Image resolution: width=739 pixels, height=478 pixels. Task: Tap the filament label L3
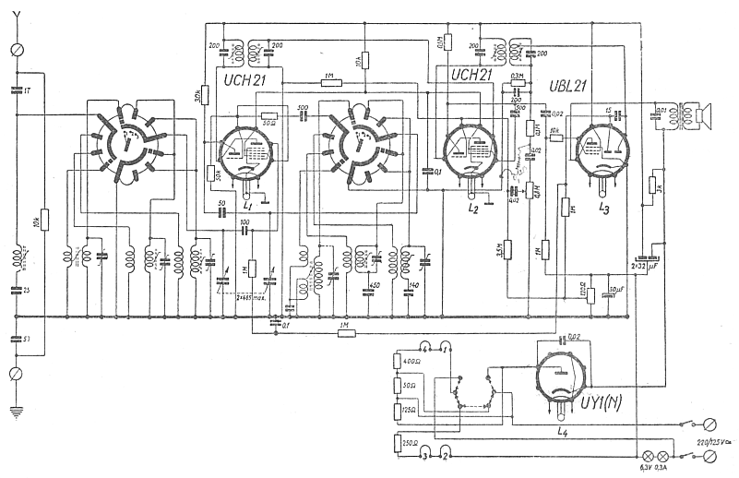click(603, 209)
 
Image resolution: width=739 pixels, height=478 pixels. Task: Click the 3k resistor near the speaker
click(653, 185)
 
